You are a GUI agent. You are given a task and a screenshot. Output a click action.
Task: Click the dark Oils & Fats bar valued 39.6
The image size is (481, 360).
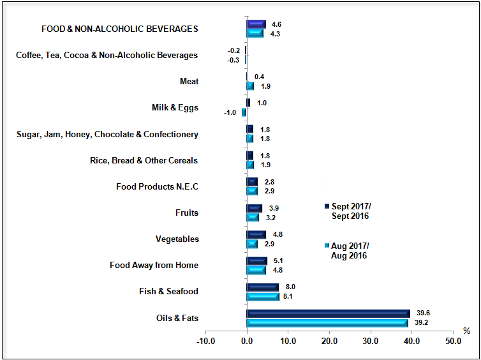[x=328, y=313]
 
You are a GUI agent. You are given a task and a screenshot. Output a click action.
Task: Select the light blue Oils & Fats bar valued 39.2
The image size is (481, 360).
[x=327, y=322]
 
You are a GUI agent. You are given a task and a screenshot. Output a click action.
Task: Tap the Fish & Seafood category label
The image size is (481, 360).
[x=168, y=292]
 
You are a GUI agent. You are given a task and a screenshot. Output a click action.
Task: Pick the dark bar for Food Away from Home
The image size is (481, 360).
[x=257, y=260]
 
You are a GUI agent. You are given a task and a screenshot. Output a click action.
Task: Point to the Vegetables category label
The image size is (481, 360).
[x=177, y=239]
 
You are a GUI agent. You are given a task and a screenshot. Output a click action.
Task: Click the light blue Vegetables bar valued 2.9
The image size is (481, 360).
[x=252, y=244]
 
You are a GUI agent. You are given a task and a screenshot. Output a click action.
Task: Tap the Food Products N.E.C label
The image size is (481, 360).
[x=157, y=187]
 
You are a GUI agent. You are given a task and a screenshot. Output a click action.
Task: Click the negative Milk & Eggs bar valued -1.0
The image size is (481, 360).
[x=244, y=112]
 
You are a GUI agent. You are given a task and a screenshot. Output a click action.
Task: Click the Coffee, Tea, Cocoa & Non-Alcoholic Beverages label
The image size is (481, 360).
[x=107, y=56]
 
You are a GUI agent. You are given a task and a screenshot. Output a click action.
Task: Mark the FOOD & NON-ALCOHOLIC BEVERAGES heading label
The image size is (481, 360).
[x=119, y=29]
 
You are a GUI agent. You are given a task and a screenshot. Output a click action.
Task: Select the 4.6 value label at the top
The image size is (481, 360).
[x=276, y=24]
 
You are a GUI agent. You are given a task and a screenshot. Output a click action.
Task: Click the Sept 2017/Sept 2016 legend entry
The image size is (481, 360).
[x=350, y=211]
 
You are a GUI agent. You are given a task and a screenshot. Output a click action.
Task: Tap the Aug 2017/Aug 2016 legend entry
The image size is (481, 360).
[x=350, y=251]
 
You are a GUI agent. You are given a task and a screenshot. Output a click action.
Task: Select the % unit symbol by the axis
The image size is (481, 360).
[x=466, y=331]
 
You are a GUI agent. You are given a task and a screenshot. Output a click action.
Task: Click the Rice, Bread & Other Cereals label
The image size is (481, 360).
[x=144, y=160]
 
